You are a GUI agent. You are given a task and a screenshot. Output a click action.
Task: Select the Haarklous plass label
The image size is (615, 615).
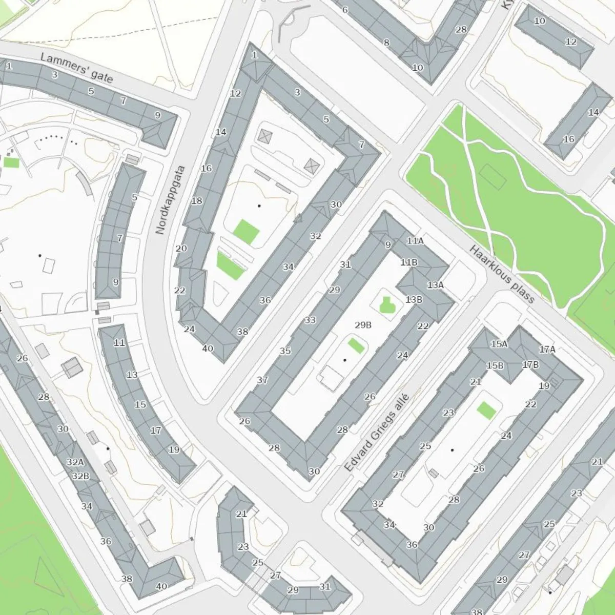[x=502, y=273]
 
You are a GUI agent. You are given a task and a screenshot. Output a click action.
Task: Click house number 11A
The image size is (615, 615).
[x=415, y=241]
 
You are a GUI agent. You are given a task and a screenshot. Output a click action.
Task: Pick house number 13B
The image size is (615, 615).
[x=414, y=299]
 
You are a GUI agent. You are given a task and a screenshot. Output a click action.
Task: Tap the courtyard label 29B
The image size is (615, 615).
[x=363, y=325]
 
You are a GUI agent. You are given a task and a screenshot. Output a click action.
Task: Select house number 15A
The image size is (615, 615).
[x=499, y=344]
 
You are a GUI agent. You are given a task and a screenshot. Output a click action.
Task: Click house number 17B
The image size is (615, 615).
[x=530, y=365]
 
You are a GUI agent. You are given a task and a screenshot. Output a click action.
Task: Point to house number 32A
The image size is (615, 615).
[x=75, y=462]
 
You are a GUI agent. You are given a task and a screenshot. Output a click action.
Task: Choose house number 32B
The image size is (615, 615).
[x=80, y=476]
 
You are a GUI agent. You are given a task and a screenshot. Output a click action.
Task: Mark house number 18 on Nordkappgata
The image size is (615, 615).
[x=197, y=201]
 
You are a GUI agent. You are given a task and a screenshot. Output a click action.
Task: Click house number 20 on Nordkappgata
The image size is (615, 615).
[x=181, y=249]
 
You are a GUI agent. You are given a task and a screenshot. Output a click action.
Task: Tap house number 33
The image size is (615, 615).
[x=310, y=320]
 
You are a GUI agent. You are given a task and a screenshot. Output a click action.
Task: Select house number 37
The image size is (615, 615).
[x=262, y=380]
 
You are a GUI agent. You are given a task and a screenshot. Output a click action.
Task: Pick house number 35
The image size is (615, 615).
[x=285, y=351]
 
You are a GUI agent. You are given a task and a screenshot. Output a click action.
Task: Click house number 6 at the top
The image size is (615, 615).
[x=344, y=10]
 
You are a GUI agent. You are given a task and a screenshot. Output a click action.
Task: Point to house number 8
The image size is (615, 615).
[x=386, y=43]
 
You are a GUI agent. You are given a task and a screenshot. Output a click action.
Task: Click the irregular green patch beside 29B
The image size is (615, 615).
[x=387, y=306]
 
